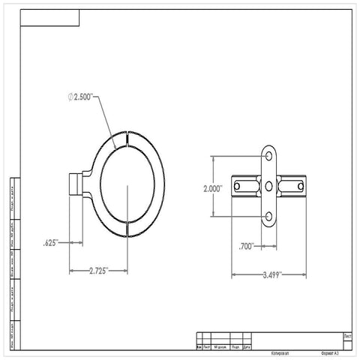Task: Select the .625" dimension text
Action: point(52,242)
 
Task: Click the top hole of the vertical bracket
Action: point(269,156)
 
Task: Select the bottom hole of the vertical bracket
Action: point(269,217)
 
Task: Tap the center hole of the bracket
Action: point(269,186)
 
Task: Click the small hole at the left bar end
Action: point(238,186)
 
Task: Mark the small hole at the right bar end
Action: point(299,186)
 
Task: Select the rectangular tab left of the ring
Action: point(75,184)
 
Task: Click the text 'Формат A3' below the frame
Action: point(329,352)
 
